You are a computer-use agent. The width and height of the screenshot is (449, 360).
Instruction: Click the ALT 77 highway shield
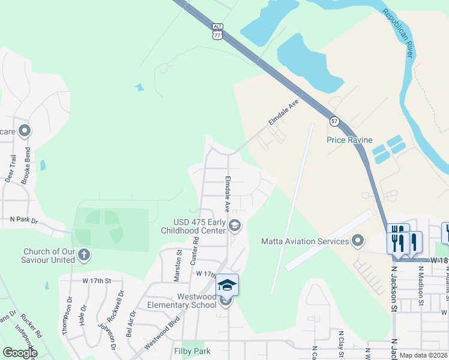pos(217,31)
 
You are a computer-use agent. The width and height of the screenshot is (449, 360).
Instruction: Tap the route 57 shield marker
pos(334,121)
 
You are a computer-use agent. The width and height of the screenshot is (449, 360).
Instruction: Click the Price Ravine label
pos(349,140)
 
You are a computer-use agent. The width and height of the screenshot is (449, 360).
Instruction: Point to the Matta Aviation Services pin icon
pos(358,241)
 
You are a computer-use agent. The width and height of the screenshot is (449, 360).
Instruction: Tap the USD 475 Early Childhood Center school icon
pos(235,226)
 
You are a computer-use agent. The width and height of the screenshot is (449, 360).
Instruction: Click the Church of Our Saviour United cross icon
pos(84,256)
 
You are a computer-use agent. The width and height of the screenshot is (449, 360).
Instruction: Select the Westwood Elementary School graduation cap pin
pos(228,284)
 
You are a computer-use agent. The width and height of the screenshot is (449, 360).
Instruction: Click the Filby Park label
pos(193,350)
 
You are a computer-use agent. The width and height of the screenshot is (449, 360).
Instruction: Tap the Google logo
pos(19,353)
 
